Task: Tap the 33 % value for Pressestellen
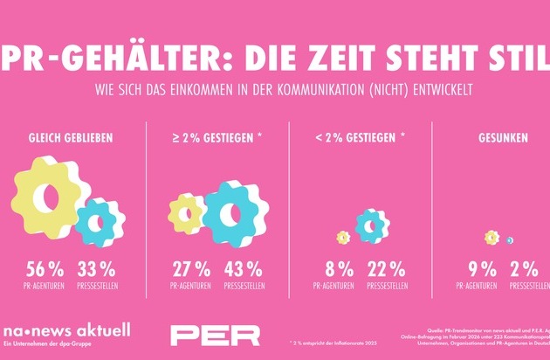pos(95,268)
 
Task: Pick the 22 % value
pos(386,268)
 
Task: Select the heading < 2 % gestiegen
pos(359,137)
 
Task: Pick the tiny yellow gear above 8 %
pos(342,237)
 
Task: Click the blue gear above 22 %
pos(372,226)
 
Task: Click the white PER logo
pos(215,335)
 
